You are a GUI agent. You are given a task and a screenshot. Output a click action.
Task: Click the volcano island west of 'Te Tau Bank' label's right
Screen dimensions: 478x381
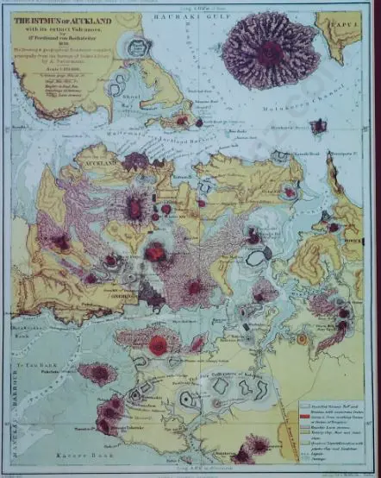click(97, 374)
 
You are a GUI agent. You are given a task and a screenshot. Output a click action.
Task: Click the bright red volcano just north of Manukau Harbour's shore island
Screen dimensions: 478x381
click(158, 345)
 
